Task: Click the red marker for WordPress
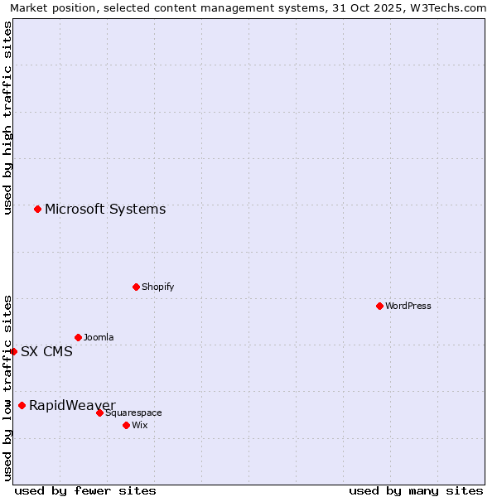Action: pyautogui.click(x=379, y=306)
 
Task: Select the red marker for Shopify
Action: pyautogui.click(x=136, y=287)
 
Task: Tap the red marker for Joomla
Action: pyautogui.click(x=78, y=337)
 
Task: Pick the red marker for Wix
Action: pyautogui.click(x=126, y=425)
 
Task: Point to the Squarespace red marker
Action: pyautogui.click(x=99, y=413)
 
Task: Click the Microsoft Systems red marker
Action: pyautogui.click(x=37, y=209)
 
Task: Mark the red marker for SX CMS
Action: pyautogui.click(x=13, y=351)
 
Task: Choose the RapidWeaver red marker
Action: pyautogui.click(x=22, y=405)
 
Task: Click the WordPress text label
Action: pyautogui.click(x=408, y=306)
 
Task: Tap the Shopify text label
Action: pyautogui.click(x=158, y=287)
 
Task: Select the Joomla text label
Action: pyautogui.click(x=99, y=337)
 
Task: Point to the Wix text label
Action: pyautogui.click(x=140, y=425)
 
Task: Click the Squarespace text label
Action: pyautogui.click(x=133, y=413)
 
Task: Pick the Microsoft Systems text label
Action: pyautogui.click(x=105, y=209)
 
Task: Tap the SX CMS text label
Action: pyautogui.click(x=46, y=351)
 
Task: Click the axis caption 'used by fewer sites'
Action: pyautogui.click(x=85, y=490)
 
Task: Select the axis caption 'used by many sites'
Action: pyautogui.click(x=416, y=490)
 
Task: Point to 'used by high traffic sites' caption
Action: pyautogui.click(x=8, y=118)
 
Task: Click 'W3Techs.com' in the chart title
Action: pyautogui.click(x=451, y=8)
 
